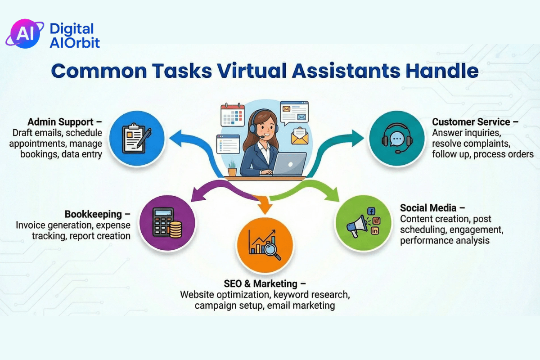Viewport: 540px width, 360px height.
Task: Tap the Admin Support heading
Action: [x=60, y=122]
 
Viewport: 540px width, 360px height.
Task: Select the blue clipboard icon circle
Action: [x=137, y=139]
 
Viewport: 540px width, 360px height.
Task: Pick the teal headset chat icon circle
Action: [x=396, y=139]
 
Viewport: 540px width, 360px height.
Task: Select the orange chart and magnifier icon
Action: [x=265, y=245]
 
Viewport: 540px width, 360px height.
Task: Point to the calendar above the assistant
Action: [x=232, y=115]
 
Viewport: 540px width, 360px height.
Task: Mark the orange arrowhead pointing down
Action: [x=265, y=207]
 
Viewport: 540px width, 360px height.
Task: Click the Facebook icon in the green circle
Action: [x=371, y=211]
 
